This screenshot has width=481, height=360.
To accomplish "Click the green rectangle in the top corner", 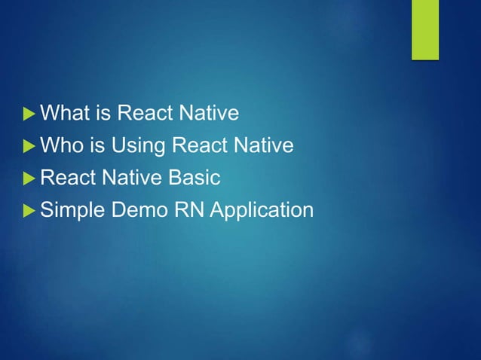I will [424, 29].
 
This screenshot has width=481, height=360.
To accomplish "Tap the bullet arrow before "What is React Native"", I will [29, 114].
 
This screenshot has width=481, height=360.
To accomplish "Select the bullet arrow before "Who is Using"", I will [29, 146].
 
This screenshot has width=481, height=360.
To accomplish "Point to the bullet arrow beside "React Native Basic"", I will [29, 178].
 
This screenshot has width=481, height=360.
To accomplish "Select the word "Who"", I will [60, 145].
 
